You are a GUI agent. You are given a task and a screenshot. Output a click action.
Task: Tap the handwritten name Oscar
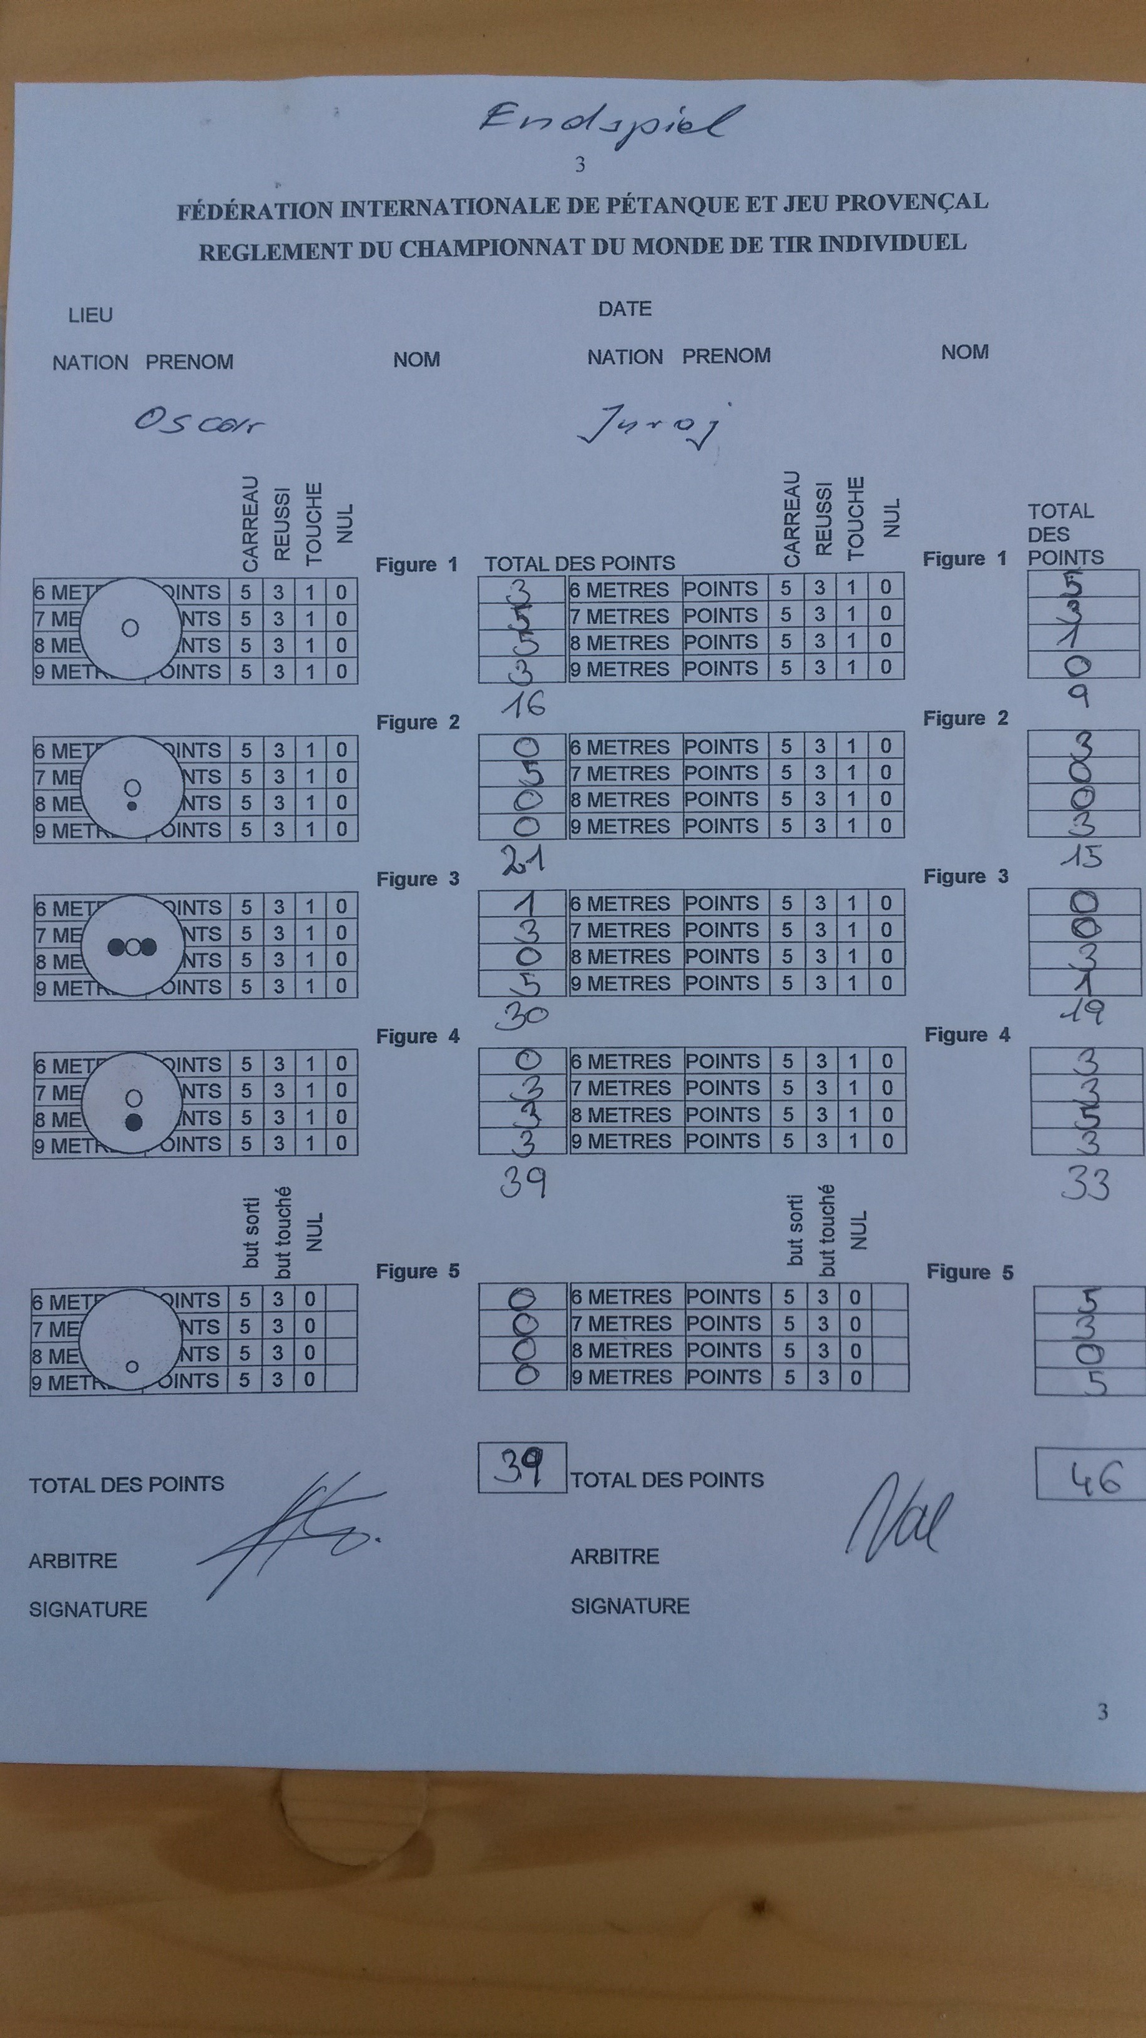198,423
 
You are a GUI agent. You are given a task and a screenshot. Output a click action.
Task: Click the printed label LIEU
90,315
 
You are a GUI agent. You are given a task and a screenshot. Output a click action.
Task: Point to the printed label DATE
624,308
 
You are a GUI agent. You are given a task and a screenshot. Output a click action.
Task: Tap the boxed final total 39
519,1467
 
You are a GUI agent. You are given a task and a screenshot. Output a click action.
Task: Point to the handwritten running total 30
521,1015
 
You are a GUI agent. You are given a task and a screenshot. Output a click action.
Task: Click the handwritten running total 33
1085,1184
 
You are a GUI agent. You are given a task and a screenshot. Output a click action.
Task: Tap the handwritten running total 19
1084,1012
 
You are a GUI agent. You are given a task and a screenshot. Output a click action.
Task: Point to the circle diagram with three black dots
132,946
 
